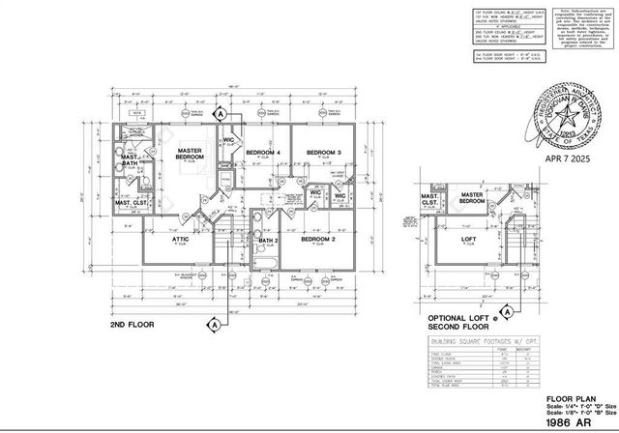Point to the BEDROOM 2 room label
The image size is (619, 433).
(x=317, y=239)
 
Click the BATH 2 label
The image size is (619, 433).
(x=269, y=240)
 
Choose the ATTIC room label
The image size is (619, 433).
(x=181, y=239)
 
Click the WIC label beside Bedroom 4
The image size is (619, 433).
(x=228, y=141)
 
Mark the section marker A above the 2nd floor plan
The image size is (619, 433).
(x=220, y=114)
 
